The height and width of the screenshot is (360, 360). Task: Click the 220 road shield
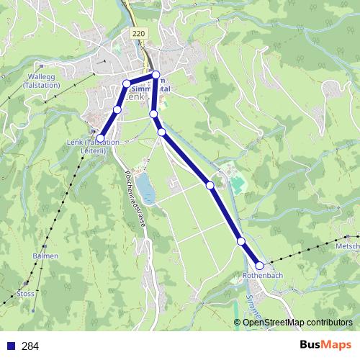pos(140,34)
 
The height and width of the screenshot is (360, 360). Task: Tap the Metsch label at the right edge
pos(347,246)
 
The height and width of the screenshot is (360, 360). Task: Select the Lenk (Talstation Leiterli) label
pos(93,146)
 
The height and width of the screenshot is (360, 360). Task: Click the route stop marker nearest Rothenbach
pos(259,266)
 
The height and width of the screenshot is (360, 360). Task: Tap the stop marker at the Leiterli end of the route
pos(100,138)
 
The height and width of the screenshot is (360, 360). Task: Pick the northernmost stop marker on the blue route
pos(156,75)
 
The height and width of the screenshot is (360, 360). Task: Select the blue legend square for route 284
pos(12,346)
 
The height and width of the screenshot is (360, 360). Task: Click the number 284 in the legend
pos(30,346)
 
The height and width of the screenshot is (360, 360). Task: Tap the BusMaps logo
pos(328,346)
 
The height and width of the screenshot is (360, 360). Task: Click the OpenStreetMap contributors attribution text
pos(297,323)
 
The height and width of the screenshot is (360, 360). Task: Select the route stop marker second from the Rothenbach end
pos(241,241)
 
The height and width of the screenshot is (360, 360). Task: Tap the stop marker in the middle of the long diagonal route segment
pos(210,185)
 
